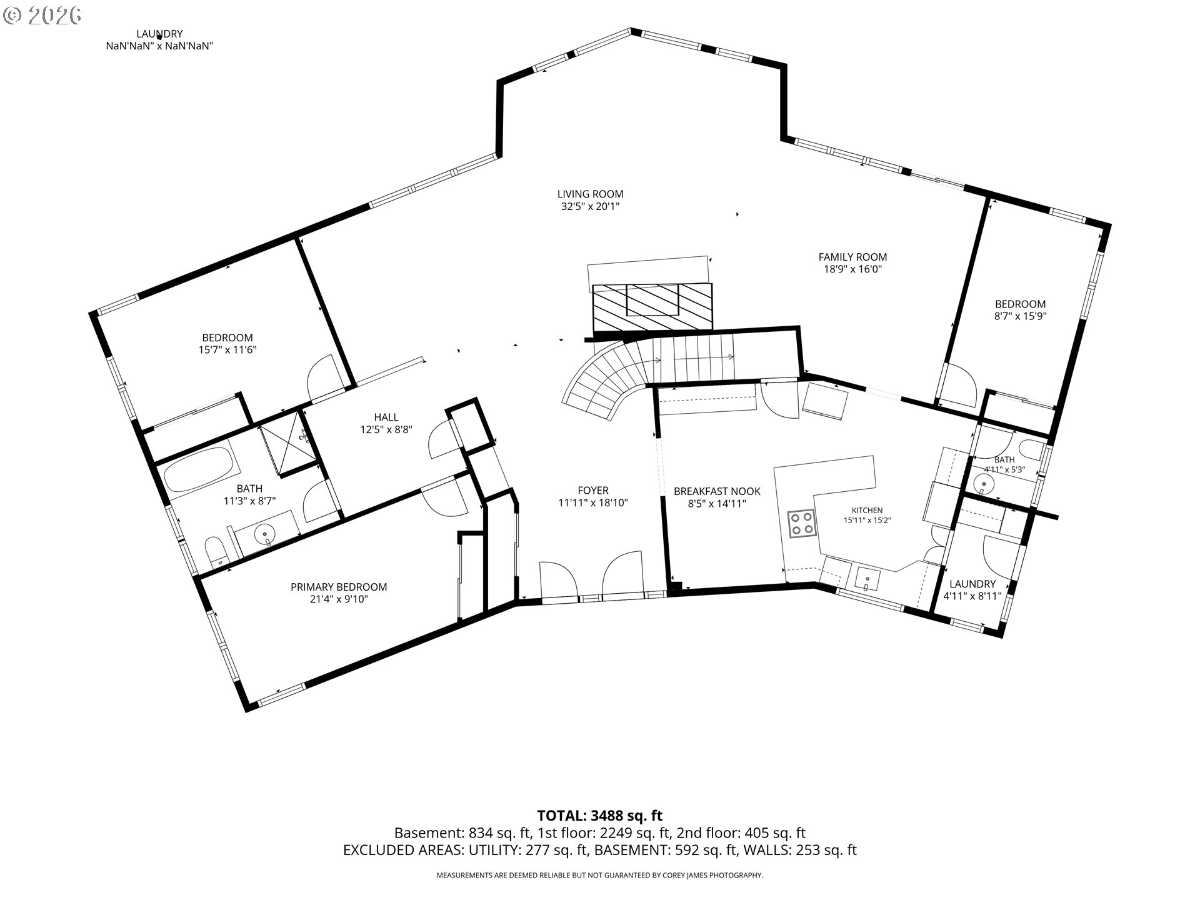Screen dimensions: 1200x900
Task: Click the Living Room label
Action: coord(590,194)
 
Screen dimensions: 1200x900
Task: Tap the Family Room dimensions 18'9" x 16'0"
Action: coord(852,269)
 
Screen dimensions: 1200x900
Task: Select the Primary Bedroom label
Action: coord(339,587)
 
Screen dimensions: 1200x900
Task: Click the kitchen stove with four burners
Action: coord(802,524)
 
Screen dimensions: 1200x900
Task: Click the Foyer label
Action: coord(592,491)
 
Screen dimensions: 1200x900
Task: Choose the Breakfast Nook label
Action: coord(717,491)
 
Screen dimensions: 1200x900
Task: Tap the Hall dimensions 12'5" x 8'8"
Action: coord(386,429)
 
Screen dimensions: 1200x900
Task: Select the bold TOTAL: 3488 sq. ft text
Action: coord(600,815)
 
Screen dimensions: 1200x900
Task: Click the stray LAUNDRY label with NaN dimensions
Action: coord(159,39)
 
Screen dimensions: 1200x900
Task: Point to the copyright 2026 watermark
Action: coord(42,15)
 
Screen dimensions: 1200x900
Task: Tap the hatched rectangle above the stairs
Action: coord(652,307)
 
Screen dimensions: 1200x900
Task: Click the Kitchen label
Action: coord(867,510)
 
